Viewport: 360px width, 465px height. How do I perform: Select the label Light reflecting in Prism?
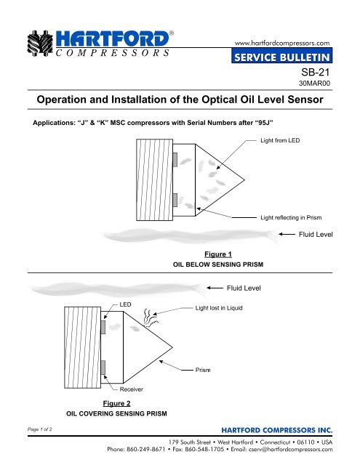(x=291, y=217)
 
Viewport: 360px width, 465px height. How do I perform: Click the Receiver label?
(x=131, y=390)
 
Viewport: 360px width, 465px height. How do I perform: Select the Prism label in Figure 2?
(x=204, y=371)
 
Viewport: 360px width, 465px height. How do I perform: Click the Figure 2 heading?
(x=116, y=403)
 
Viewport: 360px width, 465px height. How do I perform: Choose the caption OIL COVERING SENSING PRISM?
(x=117, y=413)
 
